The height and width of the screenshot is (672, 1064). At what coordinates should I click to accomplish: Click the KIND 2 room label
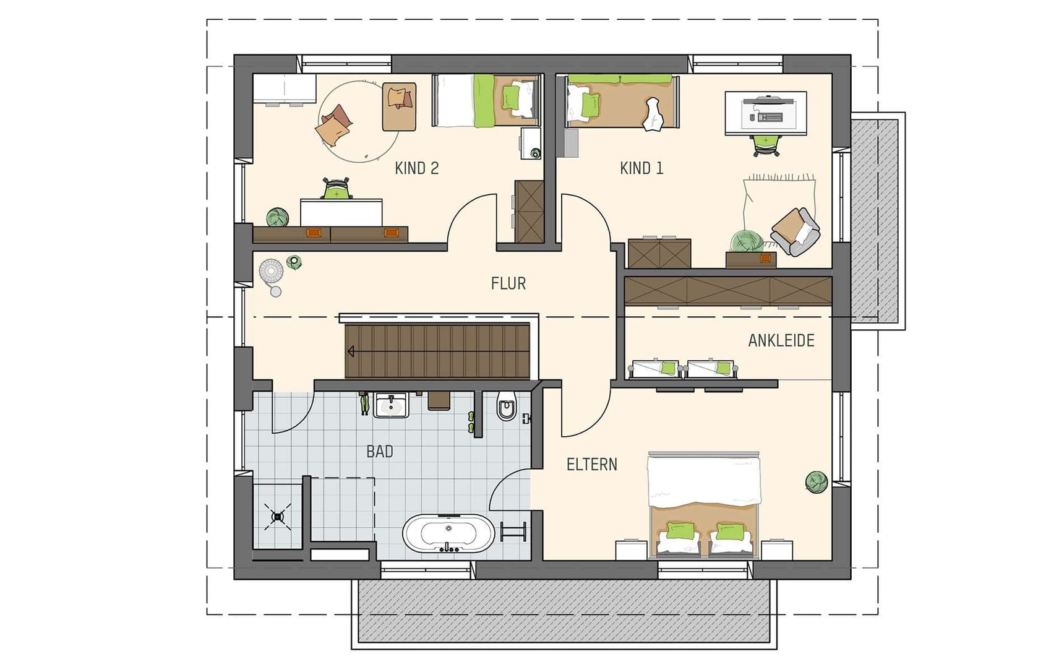(417, 168)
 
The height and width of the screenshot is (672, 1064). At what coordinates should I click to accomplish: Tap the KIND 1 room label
(641, 168)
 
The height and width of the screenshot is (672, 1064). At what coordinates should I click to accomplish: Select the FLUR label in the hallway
(508, 283)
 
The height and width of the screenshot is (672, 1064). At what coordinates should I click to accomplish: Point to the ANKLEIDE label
(781, 340)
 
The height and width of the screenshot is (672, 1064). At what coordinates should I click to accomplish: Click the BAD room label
(380, 452)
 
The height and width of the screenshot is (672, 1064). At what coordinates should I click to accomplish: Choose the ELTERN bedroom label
(592, 464)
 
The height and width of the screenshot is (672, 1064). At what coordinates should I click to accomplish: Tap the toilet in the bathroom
(507, 405)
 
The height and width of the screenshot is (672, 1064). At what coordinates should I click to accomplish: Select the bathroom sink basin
(390, 405)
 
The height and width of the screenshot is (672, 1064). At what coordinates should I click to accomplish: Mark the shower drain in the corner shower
(278, 515)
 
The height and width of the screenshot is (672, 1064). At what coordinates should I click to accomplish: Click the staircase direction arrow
(351, 351)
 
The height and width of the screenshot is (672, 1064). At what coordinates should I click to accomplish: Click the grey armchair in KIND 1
(796, 231)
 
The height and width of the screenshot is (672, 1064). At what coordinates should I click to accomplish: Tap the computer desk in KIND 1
(766, 113)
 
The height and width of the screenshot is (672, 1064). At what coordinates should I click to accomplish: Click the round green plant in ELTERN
(817, 482)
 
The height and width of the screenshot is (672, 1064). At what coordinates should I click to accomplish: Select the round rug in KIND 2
(359, 121)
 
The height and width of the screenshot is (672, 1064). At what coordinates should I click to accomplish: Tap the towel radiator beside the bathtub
(513, 532)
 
